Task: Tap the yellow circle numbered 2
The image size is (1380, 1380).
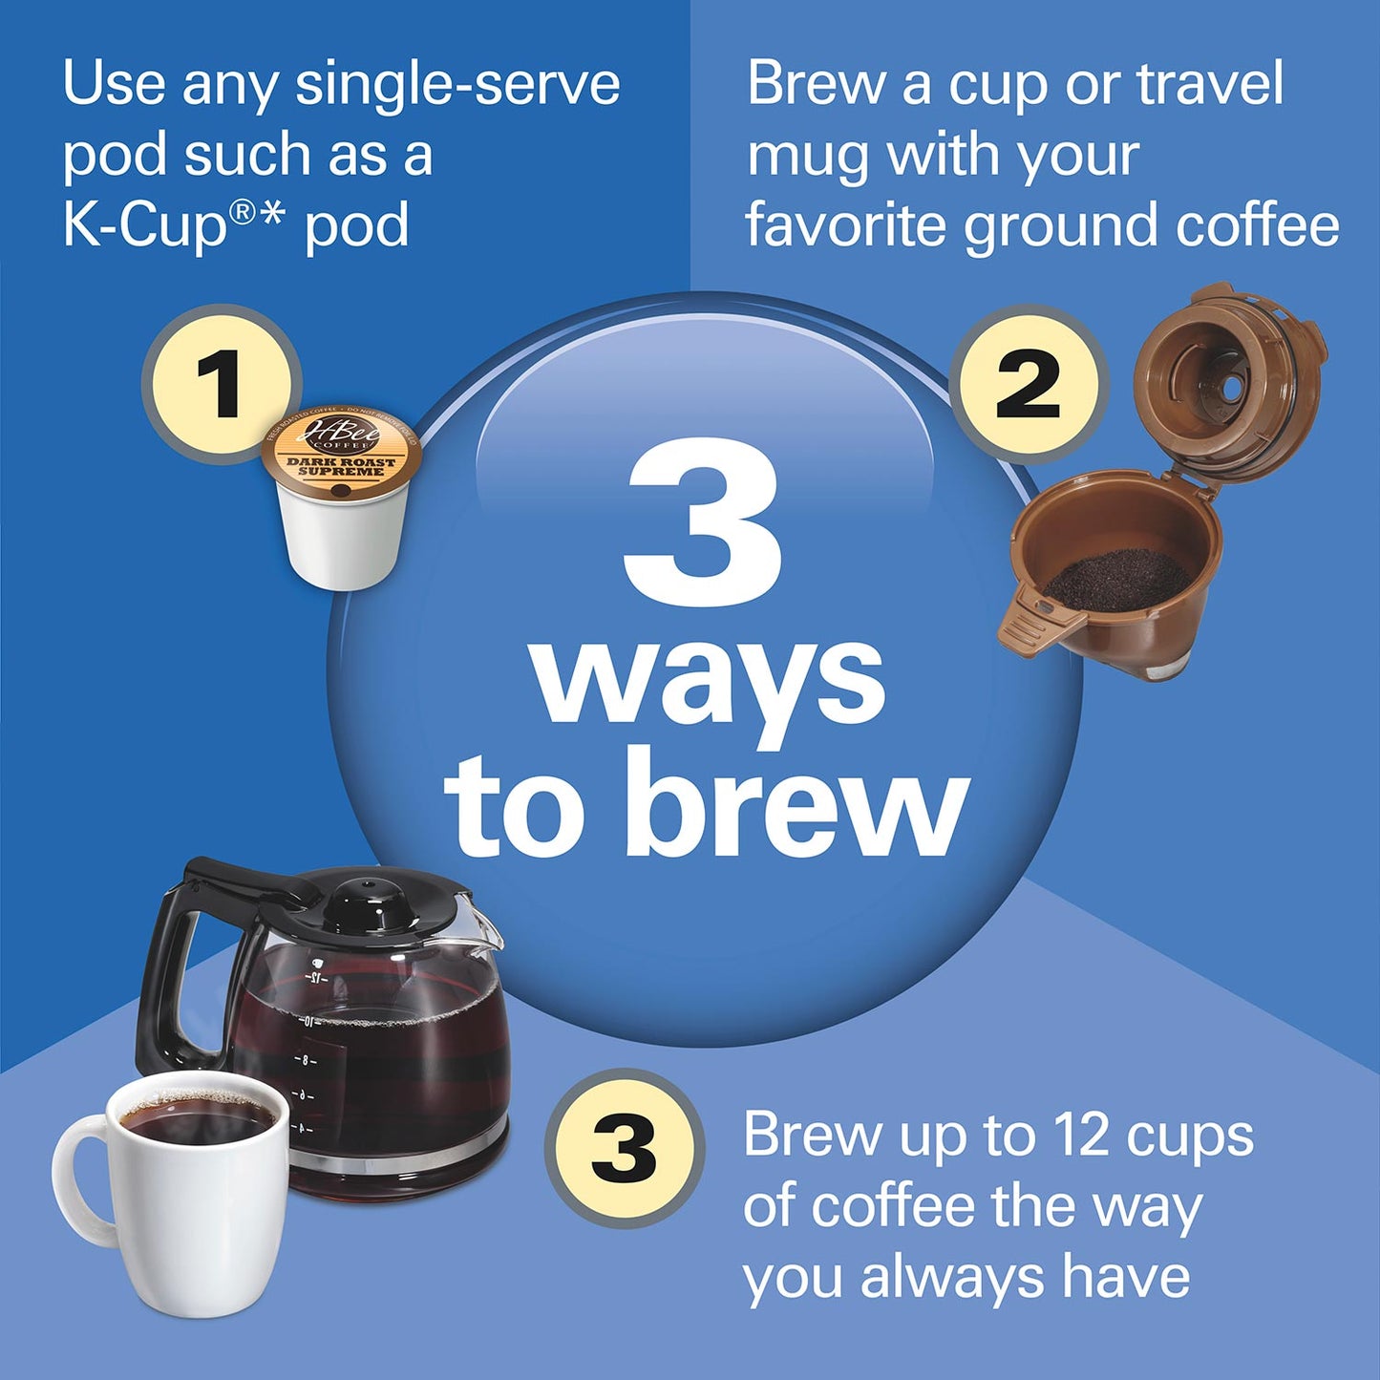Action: pos(1028,384)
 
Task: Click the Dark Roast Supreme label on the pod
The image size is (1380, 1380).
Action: pos(341,466)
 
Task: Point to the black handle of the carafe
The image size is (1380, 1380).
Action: pos(172,965)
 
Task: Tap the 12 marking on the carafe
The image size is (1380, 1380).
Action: pos(316,979)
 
